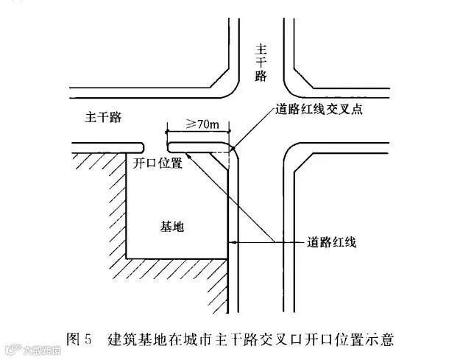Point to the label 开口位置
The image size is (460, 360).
click(x=158, y=163)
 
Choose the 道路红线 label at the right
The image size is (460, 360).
click(x=332, y=242)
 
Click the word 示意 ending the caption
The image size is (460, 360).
click(x=382, y=339)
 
